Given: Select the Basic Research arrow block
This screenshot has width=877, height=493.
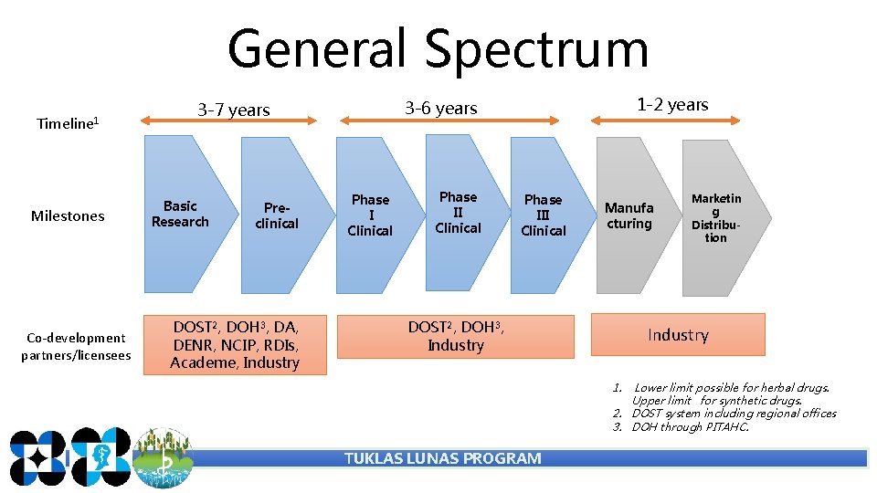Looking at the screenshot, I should coord(180,215).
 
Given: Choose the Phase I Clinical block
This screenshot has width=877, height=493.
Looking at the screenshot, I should coord(370,215).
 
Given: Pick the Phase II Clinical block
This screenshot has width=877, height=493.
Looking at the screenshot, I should coord(458,213).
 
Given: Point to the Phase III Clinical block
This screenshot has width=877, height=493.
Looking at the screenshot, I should coord(544,215).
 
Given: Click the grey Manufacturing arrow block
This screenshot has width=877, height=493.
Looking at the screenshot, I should coord(629,216).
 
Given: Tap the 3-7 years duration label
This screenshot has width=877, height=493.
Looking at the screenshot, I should coord(234,110).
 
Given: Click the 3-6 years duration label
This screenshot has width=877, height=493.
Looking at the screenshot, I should coord(441,109).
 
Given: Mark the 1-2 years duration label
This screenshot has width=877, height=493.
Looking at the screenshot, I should coord(672,105).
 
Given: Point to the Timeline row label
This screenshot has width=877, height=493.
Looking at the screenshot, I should coord(67,123).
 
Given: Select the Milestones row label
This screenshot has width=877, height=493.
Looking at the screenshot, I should coord(68,216).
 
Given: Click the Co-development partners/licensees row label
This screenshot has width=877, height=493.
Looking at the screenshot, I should coord(76,346).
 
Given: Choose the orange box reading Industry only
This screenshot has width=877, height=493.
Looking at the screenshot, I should coord(678,335).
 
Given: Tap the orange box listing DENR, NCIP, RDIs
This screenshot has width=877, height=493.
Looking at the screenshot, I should coord(235,344).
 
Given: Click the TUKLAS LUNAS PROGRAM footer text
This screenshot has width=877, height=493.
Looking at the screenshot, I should coord(442,458).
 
